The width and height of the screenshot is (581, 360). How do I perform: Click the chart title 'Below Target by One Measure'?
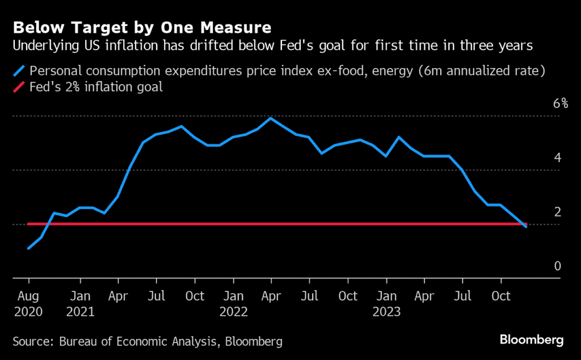point(142,27)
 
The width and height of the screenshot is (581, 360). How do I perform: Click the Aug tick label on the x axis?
point(28,296)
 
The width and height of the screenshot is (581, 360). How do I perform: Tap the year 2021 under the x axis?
point(80,311)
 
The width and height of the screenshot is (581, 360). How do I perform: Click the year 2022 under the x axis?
point(234,311)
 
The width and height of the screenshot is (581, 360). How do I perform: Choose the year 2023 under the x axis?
point(386,311)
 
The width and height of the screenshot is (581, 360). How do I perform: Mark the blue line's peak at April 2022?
point(271,118)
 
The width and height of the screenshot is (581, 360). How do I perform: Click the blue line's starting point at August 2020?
point(28,248)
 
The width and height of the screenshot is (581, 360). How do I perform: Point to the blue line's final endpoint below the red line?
point(526,227)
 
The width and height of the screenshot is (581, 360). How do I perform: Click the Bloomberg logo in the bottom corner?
point(531,340)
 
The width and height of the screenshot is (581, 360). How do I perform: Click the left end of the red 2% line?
point(29,224)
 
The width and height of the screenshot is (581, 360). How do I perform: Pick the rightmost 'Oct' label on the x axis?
point(500,296)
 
